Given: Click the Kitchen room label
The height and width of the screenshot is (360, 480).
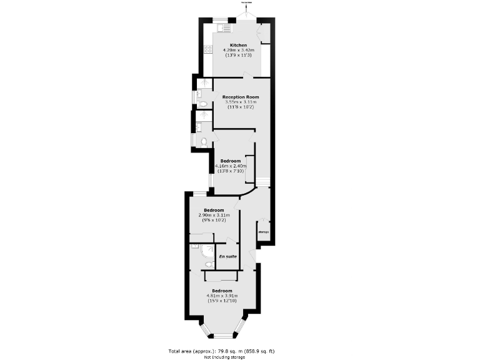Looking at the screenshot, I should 238,46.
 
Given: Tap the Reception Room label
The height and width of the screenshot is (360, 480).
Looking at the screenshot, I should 240,97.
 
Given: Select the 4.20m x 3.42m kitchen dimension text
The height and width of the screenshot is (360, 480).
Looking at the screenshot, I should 238,51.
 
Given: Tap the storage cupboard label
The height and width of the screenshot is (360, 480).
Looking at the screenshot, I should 263,232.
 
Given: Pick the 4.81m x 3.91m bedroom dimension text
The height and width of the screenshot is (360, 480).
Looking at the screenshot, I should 222,296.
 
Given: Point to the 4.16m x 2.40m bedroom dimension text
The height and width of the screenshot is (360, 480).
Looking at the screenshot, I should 231,166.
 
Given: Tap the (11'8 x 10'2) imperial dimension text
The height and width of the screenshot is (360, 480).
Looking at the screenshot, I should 240,107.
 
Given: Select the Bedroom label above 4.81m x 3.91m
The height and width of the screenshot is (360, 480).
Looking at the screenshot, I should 222,291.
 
